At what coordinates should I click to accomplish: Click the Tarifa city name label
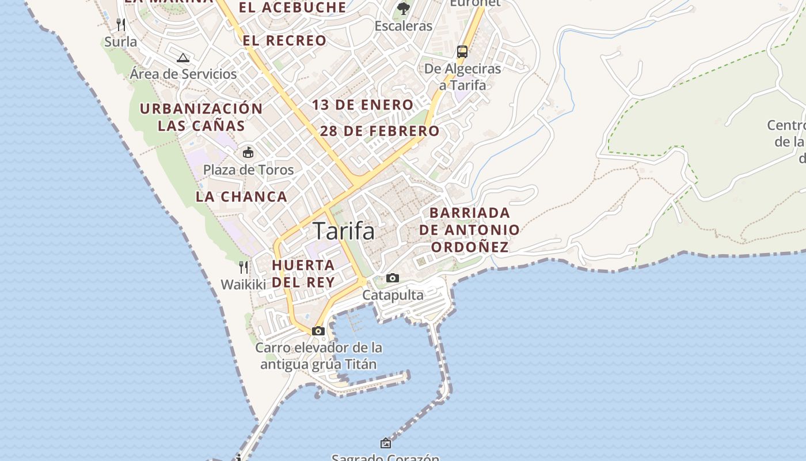(344, 231)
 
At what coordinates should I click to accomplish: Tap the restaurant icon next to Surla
(121, 24)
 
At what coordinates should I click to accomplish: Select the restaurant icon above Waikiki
(244, 267)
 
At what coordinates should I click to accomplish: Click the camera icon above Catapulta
(393, 278)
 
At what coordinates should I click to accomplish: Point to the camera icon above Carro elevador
(318, 331)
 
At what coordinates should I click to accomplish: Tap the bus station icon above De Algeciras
(462, 51)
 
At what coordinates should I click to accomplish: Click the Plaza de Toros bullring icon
(248, 153)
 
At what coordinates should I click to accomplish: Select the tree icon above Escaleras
(404, 8)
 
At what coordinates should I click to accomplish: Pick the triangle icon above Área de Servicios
(183, 58)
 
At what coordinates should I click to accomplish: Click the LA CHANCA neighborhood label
(241, 197)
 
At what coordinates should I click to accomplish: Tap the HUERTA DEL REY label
(303, 274)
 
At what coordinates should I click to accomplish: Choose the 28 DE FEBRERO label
(379, 131)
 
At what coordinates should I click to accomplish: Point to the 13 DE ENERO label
(363, 105)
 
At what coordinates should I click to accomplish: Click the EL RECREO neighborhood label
(284, 40)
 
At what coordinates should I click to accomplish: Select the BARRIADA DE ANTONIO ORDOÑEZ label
(470, 230)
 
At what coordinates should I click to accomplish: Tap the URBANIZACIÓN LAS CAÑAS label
(201, 117)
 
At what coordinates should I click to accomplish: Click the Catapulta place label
(393, 295)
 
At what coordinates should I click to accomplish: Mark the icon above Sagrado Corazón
(386, 443)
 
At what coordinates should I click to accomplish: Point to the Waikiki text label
(244, 285)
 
